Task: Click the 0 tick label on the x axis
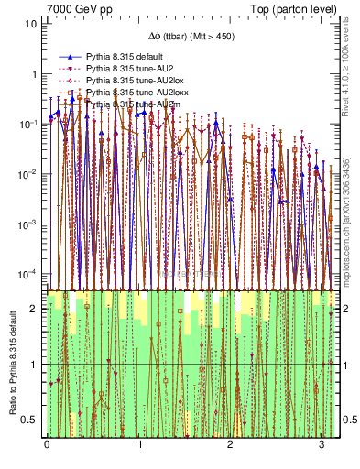47,444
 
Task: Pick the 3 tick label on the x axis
322,444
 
